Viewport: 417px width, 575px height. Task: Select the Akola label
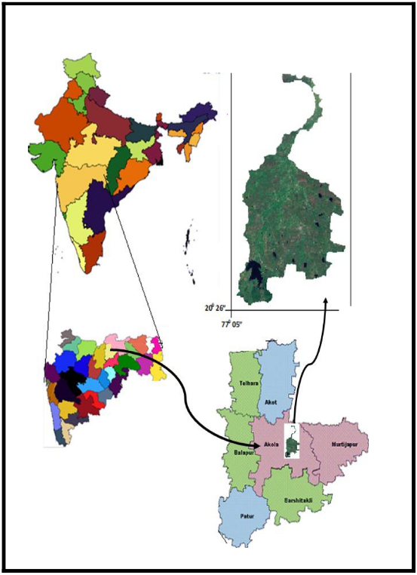[x=271, y=444]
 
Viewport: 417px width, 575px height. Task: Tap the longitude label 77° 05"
[x=235, y=325]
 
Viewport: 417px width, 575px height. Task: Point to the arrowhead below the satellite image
[x=326, y=300]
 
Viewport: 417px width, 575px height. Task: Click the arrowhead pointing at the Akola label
[x=251, y=444]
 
